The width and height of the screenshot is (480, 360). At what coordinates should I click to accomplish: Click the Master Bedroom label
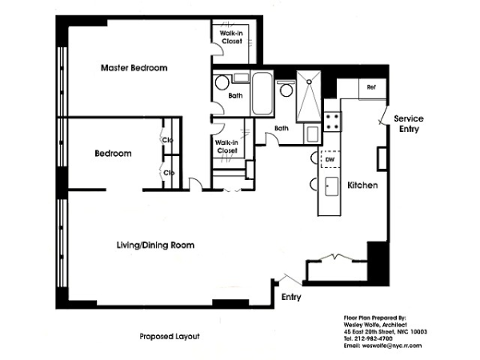coord(134,68)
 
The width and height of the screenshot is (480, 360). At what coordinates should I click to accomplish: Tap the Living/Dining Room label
coord(155,246)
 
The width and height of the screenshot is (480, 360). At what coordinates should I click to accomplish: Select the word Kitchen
coord(362,186)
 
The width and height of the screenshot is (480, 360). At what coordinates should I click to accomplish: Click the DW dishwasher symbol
coord(330,159)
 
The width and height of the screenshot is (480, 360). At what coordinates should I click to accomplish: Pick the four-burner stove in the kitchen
coord(333,122)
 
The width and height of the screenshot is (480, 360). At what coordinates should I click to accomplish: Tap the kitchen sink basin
coord(331,186)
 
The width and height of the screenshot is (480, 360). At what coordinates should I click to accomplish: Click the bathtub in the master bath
coord(262,93)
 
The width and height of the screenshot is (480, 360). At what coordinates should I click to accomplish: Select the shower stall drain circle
coord(309,82)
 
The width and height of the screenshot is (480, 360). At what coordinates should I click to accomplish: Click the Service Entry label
coord(409,123)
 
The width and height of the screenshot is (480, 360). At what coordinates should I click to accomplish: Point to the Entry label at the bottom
coord(291,297)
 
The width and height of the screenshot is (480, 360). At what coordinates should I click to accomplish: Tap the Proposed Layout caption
coord(170,337)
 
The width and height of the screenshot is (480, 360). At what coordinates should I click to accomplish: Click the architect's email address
coord(382,346)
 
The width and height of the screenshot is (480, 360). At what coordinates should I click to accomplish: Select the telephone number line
coord(368,338)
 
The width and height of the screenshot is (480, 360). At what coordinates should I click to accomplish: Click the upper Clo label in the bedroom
coord(168,140)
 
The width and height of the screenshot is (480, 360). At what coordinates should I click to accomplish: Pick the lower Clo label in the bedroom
coord(169,173)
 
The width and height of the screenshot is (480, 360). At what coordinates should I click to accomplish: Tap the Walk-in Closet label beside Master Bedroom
coord(231,37)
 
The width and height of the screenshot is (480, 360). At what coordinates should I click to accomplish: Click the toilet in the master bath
coord(222,82)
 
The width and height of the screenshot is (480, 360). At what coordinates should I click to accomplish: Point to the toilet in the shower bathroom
coord(286,89)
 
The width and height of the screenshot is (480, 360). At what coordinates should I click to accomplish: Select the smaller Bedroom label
coord(113,154)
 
